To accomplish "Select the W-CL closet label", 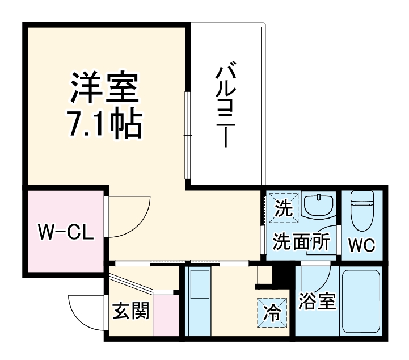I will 62,231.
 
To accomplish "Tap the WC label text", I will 361,246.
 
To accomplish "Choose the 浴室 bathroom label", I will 317,302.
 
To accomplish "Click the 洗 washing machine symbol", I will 282,208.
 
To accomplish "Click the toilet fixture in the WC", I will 361,211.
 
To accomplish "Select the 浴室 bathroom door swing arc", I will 318,278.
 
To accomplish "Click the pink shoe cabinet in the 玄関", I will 166,315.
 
